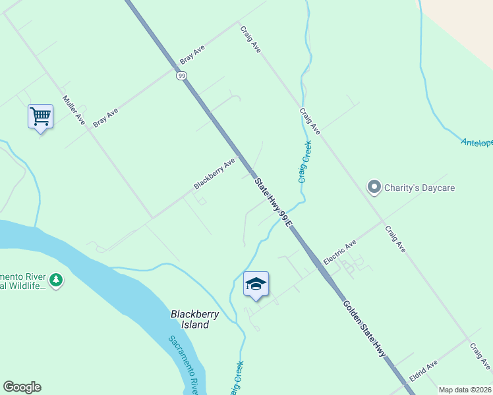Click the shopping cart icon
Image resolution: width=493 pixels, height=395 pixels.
[40, 117]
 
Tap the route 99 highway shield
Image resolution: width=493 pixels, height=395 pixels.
[181, 76]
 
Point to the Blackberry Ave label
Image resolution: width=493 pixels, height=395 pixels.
[214, 173]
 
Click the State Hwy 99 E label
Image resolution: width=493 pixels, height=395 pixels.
[273, 203]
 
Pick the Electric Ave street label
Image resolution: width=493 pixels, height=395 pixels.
[339, 252]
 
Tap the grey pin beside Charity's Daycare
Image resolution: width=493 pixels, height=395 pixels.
[374, 188]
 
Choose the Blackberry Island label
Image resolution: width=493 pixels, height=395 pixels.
[194, 319]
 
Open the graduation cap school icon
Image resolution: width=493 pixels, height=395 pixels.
[256, 284]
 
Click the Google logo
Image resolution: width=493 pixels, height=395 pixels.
[22, 387]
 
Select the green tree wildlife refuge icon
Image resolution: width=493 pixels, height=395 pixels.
[57, 281]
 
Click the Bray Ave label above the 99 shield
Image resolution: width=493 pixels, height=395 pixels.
[192, 55]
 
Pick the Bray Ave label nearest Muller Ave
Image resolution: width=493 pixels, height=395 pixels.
[105, 117]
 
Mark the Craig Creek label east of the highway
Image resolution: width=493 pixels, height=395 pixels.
[304, 161]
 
